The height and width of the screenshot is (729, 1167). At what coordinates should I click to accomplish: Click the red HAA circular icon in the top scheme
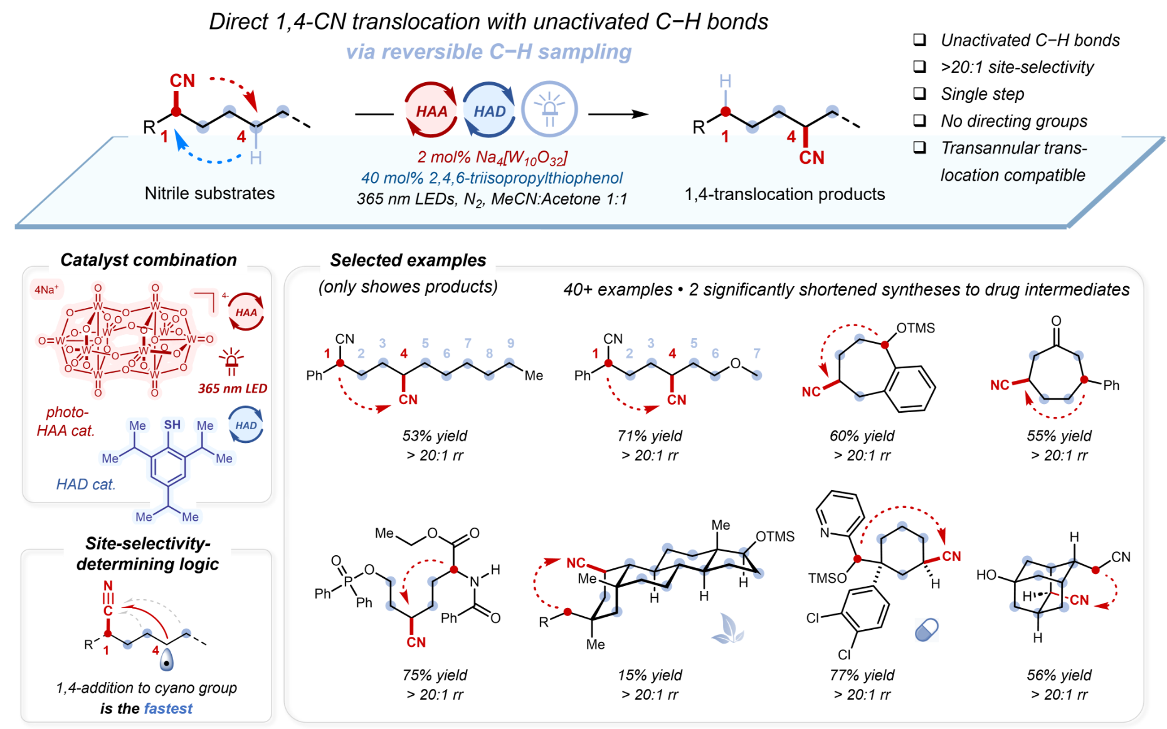click(x=431, y=110)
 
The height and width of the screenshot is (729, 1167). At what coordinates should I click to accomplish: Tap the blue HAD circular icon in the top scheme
click(x=489, y=110)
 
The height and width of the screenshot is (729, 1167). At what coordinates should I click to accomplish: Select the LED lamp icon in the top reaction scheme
click(x=549, y=109)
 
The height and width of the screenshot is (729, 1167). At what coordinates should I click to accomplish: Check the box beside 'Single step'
click(x=919, y=93)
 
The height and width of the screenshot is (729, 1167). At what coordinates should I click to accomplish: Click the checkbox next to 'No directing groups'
click(x=919, y=120)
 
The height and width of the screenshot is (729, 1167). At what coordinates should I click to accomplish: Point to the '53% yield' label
click(x=435, y=435)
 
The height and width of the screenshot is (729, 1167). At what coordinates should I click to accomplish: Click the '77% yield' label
click(x=862, y=675)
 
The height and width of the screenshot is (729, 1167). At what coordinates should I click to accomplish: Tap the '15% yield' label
click(x=650, y=675)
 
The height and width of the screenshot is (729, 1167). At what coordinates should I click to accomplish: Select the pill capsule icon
click(x=926, y=629)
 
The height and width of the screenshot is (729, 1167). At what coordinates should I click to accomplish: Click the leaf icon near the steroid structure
click(x=727, y=629)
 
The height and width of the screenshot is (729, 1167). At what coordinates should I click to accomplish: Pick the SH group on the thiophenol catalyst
click(x=172, y=425)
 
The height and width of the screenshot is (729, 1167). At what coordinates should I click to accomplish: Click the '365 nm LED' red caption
click(x=233, y=388)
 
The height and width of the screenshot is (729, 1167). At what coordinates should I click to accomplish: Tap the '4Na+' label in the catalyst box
click(x=46, y=289)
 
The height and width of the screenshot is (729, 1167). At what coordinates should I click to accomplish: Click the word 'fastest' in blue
click(x=168, y=708)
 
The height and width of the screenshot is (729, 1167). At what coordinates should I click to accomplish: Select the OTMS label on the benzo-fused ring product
click(x=915, y=328)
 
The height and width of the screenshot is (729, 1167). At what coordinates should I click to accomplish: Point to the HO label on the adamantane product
click(x=986, y=575)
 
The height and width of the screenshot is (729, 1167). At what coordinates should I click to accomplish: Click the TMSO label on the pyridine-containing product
click(x=827, y=578)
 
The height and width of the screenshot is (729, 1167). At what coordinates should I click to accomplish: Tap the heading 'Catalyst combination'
click(x=149, y=260)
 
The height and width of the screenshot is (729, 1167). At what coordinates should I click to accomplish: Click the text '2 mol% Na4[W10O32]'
click(x=492, y=157)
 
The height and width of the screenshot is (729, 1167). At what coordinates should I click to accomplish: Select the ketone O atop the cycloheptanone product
click(x=1056, y=321)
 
